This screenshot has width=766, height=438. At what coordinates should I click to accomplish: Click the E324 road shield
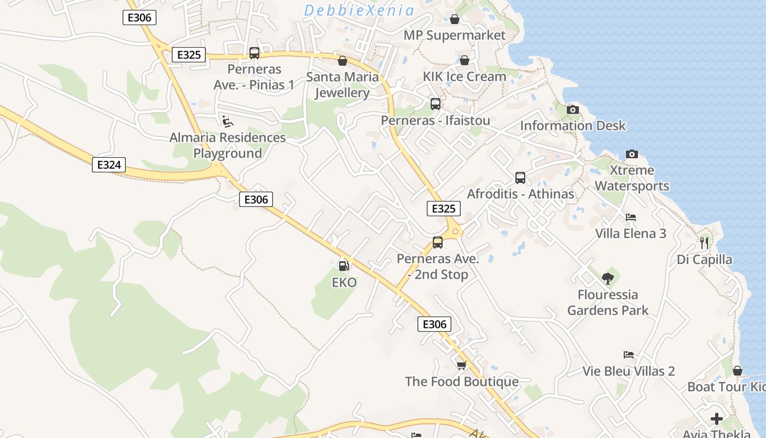pos(109,164)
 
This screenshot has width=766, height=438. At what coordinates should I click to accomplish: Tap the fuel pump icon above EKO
pos(344,266)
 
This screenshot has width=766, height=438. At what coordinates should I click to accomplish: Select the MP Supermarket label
pos(454,35)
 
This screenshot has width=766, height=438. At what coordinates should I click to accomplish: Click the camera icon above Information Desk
pos(572,109)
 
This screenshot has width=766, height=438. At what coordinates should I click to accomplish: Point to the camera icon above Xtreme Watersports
pos(632,154)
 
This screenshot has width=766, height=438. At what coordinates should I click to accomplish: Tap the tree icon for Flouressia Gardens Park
pos(607,279)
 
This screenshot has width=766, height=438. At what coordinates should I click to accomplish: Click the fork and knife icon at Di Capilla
pos(704,243)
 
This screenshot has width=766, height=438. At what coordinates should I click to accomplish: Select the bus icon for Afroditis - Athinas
pos(520,178)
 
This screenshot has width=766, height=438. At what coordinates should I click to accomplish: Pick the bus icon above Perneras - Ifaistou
pos(436,104)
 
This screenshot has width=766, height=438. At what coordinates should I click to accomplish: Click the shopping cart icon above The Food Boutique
pos(461,365)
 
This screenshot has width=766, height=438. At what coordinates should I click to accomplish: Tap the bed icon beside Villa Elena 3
pos(630,217)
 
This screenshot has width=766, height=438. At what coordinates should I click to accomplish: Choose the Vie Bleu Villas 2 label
pos(628,371)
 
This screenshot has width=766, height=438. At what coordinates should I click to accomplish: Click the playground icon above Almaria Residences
pos(227,121)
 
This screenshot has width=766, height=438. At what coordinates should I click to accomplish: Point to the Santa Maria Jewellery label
pos(343,85)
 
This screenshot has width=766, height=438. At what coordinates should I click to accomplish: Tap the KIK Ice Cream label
pos(464,76)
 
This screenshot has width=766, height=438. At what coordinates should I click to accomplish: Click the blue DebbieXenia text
pos(359,10)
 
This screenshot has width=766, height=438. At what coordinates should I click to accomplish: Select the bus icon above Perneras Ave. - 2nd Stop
pos(438,243)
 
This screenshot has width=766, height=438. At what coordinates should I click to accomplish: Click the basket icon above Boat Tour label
pos(737,371)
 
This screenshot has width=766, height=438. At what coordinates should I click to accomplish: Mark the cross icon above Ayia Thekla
pos(716,419)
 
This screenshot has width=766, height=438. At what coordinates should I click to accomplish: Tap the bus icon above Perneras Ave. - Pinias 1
pos(254,53)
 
